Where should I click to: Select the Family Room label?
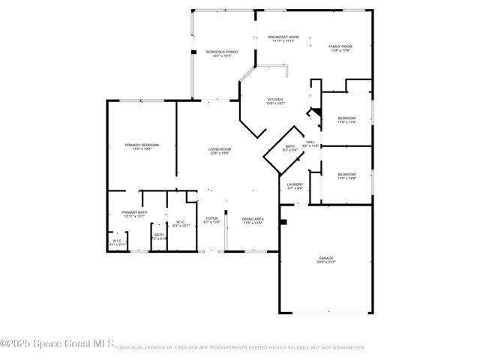[x=340, y=49]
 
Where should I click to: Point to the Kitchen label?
[x=276, y=102]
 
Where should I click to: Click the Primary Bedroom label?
[x=142, y=147]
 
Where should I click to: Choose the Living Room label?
[x=220, y=151]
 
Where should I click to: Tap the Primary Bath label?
[x=134, y=214]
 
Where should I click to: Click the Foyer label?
[x=212, y=220]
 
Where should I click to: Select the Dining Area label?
[x=252, y=220]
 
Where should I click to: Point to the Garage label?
[x=326, y=259]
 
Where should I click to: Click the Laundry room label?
[x=295, y=185]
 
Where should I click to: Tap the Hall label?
[x=310, y=143]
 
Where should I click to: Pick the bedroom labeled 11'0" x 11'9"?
[x=346, y=120]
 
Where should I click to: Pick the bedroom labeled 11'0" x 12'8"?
[x=346, y=176]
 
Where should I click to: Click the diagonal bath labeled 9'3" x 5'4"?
[x=290, y=148]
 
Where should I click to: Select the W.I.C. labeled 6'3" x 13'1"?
[x=181, y=223]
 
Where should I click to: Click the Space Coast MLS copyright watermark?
[x=57, y=346]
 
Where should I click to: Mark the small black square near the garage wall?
[x=283, y=222]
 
